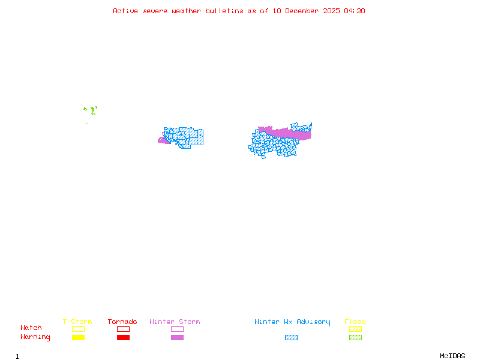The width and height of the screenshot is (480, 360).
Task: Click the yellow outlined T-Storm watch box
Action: pos(78,329)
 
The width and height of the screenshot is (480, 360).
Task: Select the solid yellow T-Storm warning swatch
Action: pos(78,338)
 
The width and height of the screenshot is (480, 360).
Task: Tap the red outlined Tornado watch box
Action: pos(123,329)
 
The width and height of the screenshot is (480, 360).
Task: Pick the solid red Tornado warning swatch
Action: pos(123,338)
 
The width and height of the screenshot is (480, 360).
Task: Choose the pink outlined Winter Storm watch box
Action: pos(177,329)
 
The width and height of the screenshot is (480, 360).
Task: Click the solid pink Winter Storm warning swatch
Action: pos(177,338)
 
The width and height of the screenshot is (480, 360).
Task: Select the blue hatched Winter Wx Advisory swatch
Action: pos(291,338)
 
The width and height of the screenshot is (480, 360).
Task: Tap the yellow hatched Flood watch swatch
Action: pos(355,329)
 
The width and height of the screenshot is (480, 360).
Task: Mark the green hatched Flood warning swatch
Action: pos(355,338)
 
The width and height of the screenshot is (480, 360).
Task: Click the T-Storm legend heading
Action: pos(77,322)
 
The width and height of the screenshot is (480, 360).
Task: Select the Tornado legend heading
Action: pos(122,322)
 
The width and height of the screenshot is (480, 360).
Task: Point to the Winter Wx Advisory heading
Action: pos(292,322)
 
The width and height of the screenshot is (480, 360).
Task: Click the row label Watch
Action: pos(31,328)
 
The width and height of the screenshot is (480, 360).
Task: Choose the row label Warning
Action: pos(35,337)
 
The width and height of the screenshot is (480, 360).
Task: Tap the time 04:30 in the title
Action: pos(354,11)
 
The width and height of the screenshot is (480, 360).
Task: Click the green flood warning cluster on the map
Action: pos(91,110)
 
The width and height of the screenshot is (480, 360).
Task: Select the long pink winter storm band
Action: pos(285,133)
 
